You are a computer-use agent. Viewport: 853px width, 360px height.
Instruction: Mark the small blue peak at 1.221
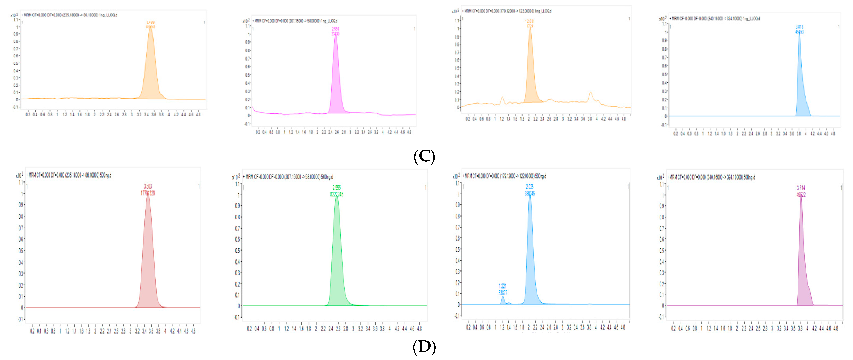(503, 300)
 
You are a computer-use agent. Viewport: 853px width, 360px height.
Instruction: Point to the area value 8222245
(337, 194)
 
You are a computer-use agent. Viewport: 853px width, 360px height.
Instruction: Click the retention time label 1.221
(503, 286)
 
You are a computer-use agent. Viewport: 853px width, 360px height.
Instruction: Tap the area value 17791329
(148, 193)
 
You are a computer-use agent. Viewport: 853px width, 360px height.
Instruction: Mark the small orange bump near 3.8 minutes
(590, 96)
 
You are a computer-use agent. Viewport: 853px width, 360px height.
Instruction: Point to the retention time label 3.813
(799, 27)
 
